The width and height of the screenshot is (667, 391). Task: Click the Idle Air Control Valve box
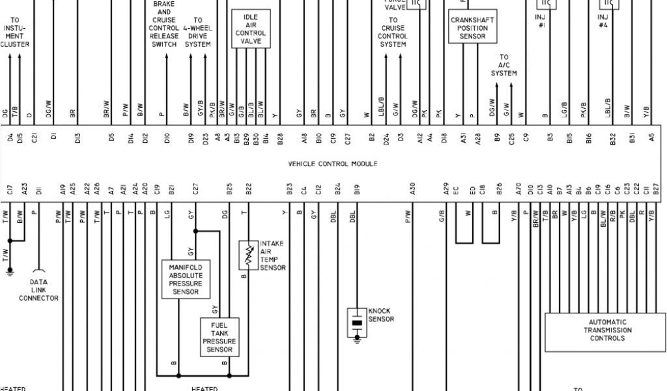point(251,29)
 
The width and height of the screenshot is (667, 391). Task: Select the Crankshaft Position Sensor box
point(472,28)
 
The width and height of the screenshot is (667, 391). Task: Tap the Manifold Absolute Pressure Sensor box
point(186,280)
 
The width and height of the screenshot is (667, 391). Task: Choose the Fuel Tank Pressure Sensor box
point(219,337)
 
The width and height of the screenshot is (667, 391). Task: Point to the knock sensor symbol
point(356,321)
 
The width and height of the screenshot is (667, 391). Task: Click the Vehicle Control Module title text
point(332,164)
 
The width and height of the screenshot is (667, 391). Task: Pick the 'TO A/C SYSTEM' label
point(504,66)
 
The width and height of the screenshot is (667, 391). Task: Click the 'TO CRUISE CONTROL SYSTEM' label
point(393,33)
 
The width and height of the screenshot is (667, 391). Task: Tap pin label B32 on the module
point(613,138)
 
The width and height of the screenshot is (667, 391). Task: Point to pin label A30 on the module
point(412,190)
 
